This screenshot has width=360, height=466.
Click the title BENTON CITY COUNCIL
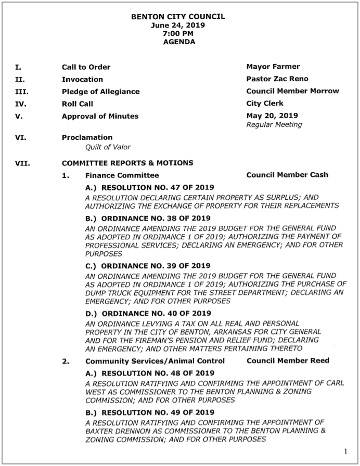[x=178, y=17]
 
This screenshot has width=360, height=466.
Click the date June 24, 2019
[x=178, y=25]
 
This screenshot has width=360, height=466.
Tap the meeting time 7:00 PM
[x=178, y=33]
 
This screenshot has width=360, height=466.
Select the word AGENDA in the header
[x=179, y=42]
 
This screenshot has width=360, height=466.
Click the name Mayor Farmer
[x=273, y=67]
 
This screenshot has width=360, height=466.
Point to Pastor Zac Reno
[x=277, y=79]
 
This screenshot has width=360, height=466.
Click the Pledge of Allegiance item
[x=100, y=92]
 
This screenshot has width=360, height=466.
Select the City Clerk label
[x=265, y=103]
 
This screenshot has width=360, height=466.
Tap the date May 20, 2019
[x=269, y=115]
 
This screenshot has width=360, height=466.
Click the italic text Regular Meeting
[x=274, y=125]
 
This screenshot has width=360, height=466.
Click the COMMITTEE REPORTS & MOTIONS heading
[x=127, y=163]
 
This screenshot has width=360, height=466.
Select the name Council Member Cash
[x=287, y=175]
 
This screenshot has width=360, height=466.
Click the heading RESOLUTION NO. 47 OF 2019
[x=149, y=187]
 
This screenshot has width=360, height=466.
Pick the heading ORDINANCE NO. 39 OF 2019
[x=148, y=266]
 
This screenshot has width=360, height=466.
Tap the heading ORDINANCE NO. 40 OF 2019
[x=148, y=313]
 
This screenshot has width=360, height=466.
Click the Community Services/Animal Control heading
[x=155, y=361]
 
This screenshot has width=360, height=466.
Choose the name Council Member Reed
[x=288, y=360]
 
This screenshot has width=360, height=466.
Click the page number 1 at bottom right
[x=346, y=450]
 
